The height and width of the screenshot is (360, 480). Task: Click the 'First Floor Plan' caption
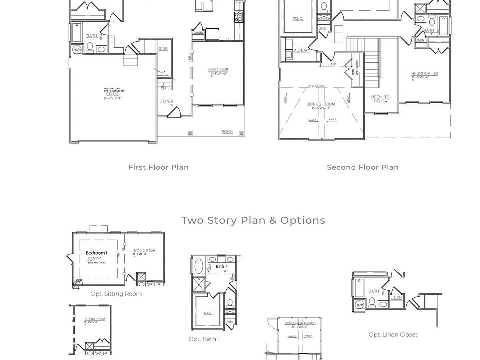(x=158, y=167)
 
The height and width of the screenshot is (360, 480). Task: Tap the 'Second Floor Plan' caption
(x=362, y=167)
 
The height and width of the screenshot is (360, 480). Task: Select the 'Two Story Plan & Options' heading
(x=253, y=220)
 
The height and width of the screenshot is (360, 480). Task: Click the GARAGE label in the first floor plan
(x=112, y=94)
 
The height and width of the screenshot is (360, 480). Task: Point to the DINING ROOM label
(x=218, y=70)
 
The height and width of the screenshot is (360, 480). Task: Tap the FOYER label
(x=167, y=101)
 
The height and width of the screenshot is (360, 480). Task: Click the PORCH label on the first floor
(x=227, y=132)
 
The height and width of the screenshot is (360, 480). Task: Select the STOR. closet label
(x=163, y=49)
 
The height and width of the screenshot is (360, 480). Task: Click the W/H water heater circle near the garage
(x=77, y=50)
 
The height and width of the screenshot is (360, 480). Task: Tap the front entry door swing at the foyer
(x=174, y=112)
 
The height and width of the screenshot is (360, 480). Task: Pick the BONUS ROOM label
(x=321, y=104)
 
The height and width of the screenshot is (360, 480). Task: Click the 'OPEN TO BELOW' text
(x=380, y=99)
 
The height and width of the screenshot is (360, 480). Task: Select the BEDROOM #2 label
(x=425, y=74)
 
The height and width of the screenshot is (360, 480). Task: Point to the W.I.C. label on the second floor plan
(x=298, y=19)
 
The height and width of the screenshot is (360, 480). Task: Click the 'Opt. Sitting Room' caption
(x=116, y=294)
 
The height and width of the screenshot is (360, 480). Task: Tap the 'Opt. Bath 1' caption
(x=204, y=339)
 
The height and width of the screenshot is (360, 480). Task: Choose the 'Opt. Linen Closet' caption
(x=393, y=334)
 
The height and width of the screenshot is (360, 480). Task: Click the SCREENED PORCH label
(x=300, y=323)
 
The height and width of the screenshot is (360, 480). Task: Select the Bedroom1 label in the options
(x=96, y=253)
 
